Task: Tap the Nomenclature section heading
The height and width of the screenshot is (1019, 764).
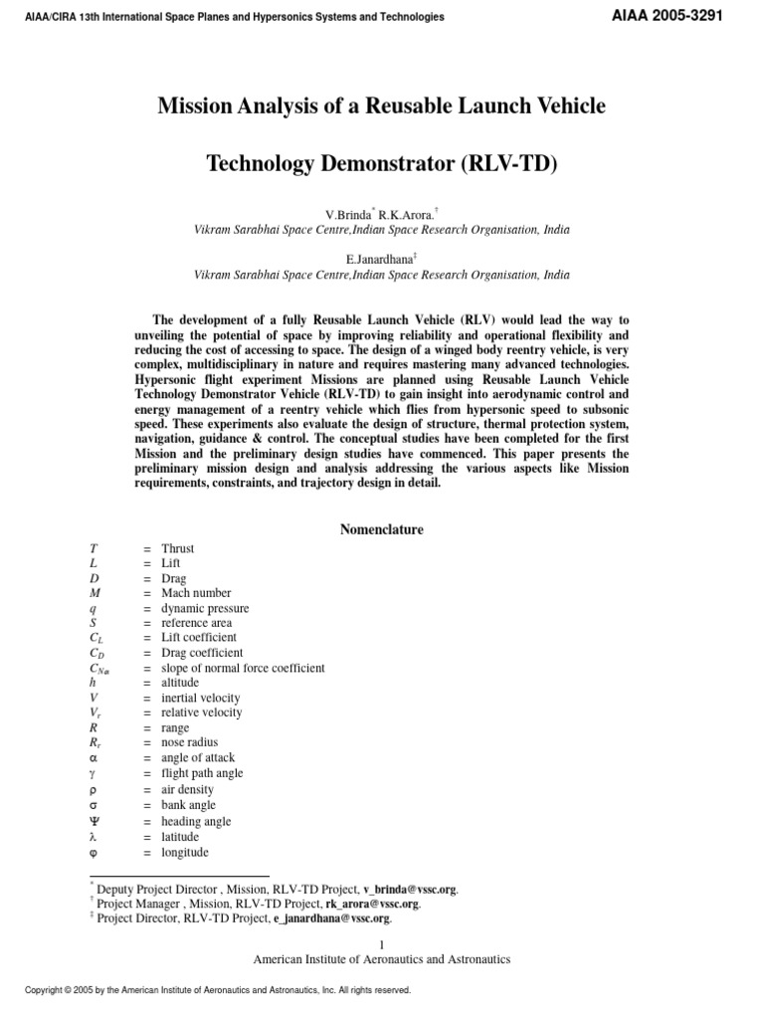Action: [x=382, y=529]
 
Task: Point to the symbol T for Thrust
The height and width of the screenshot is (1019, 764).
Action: [x=94, y=548]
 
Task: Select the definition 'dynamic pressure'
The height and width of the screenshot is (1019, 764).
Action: [x=205, y=608]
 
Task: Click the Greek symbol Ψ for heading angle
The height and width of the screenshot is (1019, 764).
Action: [x=94, y=821]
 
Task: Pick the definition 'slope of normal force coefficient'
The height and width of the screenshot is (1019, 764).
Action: [x=243, y=668]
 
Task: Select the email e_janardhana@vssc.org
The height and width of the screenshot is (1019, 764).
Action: [x=324, y=918]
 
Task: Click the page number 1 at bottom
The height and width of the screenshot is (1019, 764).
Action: [x=382, y=944]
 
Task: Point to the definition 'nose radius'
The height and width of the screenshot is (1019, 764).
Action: [x=189, y=742]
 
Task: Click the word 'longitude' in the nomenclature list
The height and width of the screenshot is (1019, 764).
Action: [x=186, y=852]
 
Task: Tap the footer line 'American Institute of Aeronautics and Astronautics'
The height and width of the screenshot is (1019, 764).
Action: [x=382, y=959]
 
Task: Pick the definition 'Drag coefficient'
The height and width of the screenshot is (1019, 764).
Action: [x=201, y=653]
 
